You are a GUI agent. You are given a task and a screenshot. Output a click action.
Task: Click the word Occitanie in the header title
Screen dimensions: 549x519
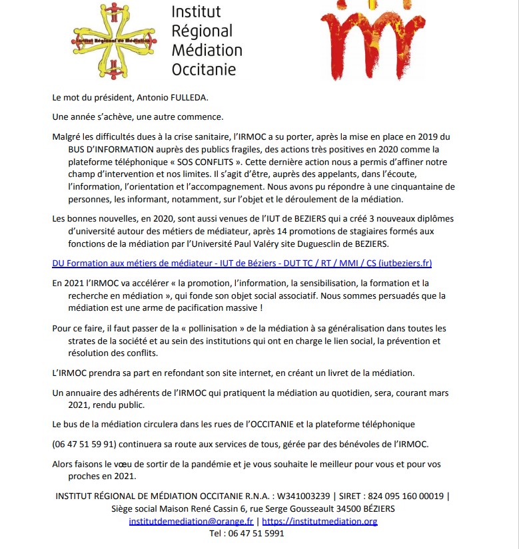coord(204,69)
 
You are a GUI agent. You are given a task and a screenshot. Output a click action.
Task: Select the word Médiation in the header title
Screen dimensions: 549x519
coord(207,50)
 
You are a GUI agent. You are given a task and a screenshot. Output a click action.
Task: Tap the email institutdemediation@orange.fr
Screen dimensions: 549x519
coord(191,521)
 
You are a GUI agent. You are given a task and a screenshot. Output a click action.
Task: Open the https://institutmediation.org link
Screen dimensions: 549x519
coord(319,521)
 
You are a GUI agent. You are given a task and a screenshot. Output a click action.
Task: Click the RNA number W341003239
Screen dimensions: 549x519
coord(303,496)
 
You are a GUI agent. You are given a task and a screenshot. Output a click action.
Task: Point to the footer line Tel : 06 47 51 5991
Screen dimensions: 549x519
coord(247,533)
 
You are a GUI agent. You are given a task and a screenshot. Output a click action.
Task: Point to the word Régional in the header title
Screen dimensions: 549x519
coord(202,31)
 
